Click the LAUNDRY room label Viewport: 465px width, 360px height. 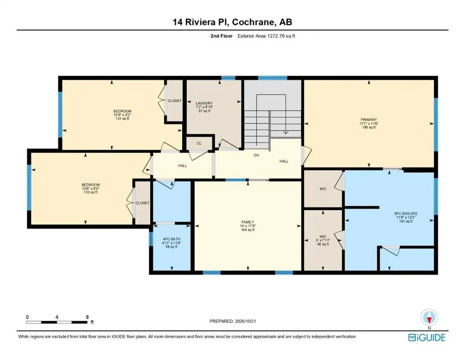[x=204, y=103]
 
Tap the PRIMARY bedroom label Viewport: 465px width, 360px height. [x=369, y=120]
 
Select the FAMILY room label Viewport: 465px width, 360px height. [x=248, y=222]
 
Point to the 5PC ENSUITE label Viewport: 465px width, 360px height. [x=406, y=213]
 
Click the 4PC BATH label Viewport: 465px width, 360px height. [x=171, y=239]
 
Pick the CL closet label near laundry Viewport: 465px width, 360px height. [x=199, y=143]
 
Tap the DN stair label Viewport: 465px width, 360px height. [x=257, y=155]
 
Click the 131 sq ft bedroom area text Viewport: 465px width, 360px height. [x=122, y=119]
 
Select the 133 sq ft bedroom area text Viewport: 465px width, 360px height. [x=91, y=192]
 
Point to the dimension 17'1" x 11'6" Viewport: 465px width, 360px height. [x=369, y=123]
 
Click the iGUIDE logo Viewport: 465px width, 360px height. [x=427, y=337]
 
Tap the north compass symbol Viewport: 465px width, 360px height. [x=429, y=317]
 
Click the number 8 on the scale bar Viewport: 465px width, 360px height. [x=87, y=317]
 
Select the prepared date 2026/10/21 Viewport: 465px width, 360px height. [x=245, y=321]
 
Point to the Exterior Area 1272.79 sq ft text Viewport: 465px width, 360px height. [x=266, y=36]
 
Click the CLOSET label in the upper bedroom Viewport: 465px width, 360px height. [x=175, y=101]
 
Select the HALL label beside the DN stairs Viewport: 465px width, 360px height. [x=284, y=161]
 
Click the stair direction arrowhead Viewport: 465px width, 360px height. [x=286, y=132]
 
